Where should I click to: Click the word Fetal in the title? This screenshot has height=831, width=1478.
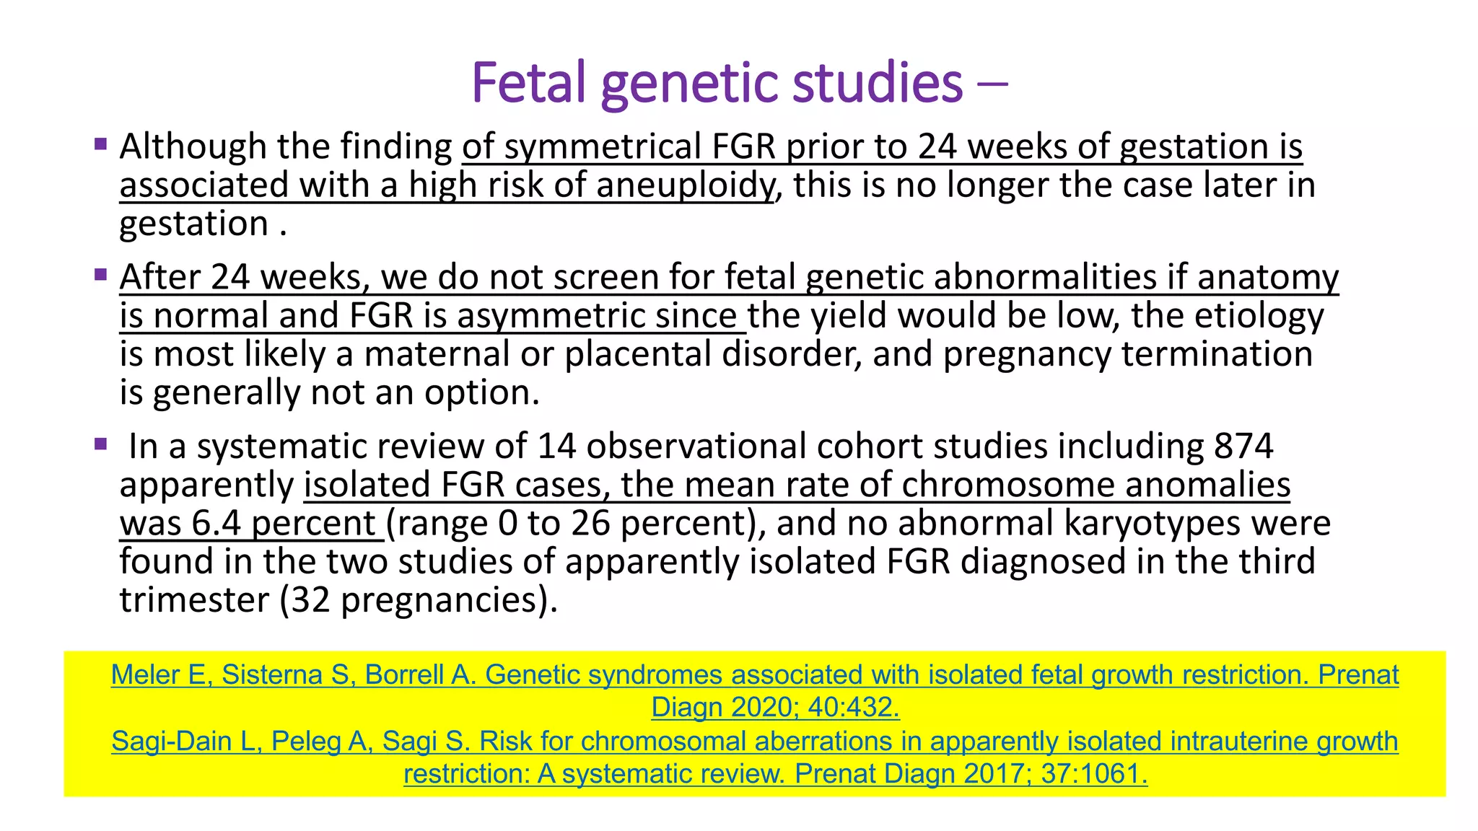point(528,83)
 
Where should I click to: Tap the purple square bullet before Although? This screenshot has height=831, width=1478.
point(101,144)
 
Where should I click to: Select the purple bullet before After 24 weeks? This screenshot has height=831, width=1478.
point(101,275)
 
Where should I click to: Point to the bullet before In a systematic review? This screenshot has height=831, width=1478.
point(101,444)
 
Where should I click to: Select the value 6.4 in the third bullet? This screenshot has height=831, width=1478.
point(216,523)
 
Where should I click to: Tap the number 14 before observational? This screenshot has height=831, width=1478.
point(556,446)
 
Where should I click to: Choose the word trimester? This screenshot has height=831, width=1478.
point(193,600)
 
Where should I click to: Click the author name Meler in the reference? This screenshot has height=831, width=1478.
point(147,675)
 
